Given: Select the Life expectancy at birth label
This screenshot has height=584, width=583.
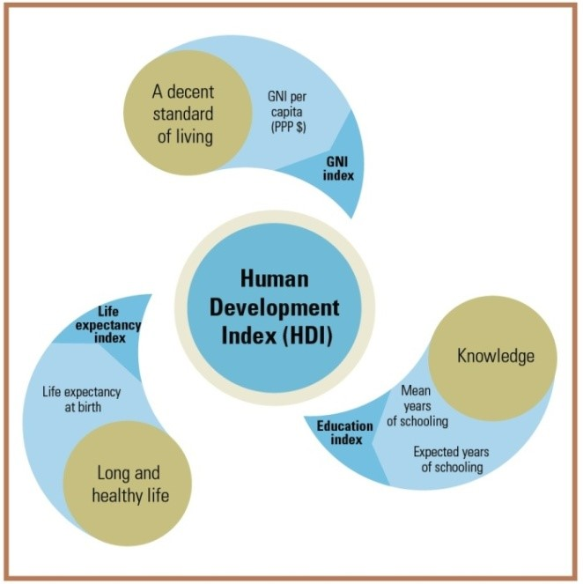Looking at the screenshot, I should coord(81,399).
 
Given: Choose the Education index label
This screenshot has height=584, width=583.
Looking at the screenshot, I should coord(344,432).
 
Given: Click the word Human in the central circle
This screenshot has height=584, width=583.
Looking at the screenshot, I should coord(275,279).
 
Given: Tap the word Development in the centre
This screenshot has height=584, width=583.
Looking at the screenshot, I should coord(276,308).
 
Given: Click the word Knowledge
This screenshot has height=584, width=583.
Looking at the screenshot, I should coord(495,356).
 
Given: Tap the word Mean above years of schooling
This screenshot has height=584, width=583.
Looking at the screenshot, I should coord(416,390).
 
